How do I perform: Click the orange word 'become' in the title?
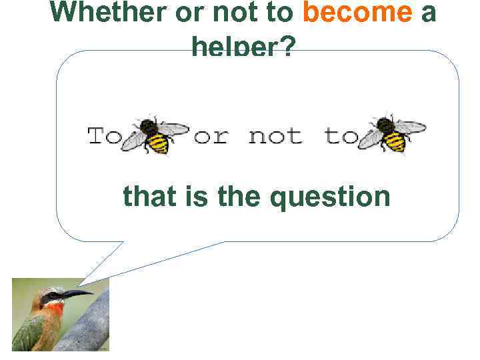point(358,12)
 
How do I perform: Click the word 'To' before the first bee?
point(105,137)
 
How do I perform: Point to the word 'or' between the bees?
point(211,137)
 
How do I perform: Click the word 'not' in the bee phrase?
point(275,137)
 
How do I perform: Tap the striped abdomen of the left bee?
point(158,143)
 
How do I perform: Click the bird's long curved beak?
point(76,293)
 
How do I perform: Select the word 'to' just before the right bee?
point(341,137)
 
